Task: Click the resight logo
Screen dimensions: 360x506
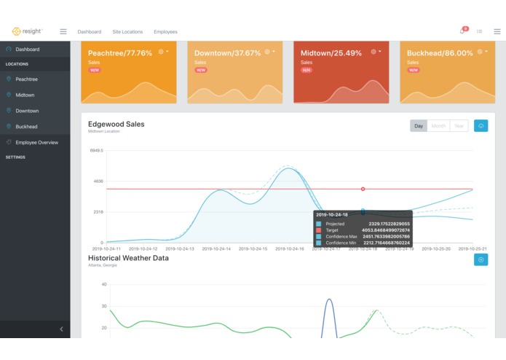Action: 27,31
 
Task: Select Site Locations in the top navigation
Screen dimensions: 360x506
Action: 127,32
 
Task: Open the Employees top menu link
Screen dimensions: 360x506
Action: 165,32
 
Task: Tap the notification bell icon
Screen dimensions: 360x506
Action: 462,31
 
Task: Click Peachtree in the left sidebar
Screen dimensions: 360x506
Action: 27,79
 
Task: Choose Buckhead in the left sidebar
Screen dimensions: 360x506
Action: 26,126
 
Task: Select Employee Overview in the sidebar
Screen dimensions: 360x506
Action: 36,142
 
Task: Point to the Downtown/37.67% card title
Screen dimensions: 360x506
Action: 227,53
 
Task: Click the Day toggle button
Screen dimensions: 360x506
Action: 418,125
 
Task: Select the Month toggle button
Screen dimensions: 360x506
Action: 438,125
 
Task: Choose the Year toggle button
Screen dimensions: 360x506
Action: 459,125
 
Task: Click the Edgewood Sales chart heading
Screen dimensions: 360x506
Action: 116,124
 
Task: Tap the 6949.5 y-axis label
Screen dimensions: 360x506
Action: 96,151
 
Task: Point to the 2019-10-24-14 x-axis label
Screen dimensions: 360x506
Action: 216,249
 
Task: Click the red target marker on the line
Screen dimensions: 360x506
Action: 363,189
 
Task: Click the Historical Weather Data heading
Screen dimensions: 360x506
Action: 128,258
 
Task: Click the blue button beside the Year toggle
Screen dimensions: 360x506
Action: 481,125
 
